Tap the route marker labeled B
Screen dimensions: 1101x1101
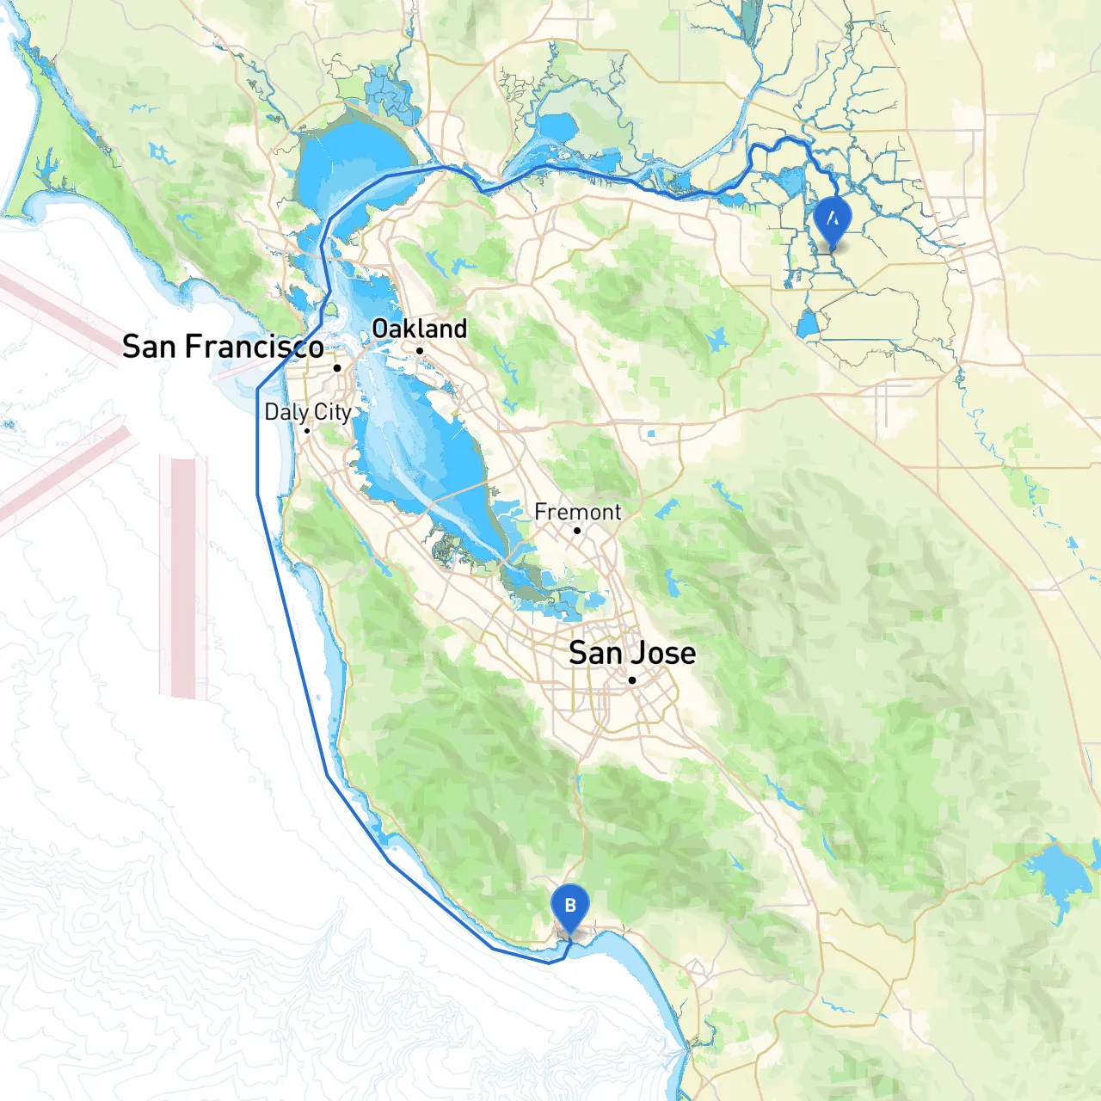click(569, 906)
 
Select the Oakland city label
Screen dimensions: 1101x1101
click(419, 329)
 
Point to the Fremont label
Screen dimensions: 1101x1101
click(577, 512)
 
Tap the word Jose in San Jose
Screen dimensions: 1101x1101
click(661, 653)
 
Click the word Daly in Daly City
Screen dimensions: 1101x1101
click(286, 412)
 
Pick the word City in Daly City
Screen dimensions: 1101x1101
click(332, 412)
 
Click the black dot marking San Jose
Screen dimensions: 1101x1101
click(631, 680)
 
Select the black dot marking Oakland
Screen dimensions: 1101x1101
click(420, 350)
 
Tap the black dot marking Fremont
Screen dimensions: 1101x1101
click(577, 531)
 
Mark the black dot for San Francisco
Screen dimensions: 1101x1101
click(337, 367)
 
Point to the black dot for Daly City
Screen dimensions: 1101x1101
click(307, 430)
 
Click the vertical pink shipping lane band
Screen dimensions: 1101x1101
click(183, 576)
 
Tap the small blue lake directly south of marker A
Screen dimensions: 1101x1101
click(808, 324)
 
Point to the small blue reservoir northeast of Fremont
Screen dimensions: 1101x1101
click(717, 339)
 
